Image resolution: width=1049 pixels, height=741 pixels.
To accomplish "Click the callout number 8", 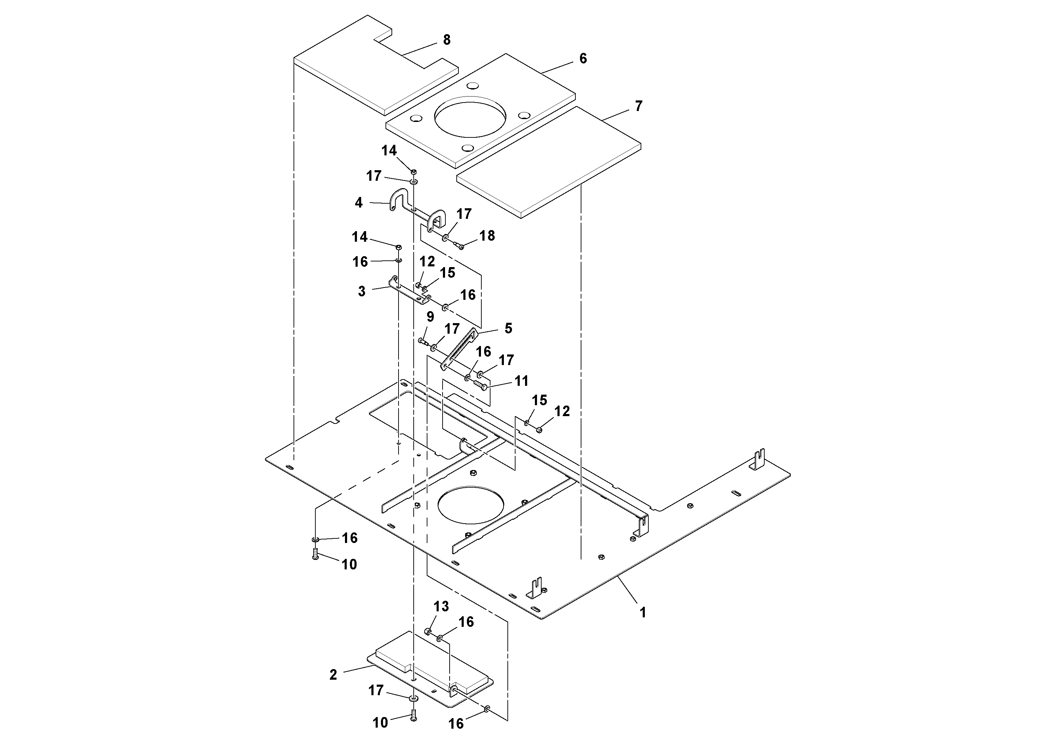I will (446, 40).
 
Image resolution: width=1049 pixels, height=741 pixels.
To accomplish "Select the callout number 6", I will (582, 58).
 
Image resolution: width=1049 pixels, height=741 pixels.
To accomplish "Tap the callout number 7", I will (638, 106).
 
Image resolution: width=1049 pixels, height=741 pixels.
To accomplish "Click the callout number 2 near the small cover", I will (333, 675).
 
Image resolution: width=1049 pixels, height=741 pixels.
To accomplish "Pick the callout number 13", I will (441, 607).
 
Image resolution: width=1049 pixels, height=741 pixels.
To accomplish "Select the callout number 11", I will (521, 381).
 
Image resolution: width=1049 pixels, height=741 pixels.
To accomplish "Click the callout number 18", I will (487, 236).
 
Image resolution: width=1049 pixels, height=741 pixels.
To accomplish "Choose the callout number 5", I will (508, 328).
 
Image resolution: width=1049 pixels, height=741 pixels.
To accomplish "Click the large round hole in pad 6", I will (470, 117).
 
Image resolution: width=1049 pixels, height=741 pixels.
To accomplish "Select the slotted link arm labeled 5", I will (459, 350).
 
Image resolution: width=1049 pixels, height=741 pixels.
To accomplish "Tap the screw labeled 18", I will (459, 246).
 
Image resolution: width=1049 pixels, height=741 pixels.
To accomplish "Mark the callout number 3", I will (362, 291).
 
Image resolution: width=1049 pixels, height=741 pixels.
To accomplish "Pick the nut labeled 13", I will (428, 631).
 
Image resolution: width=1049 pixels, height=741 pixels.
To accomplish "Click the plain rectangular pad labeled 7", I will (548, 162).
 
